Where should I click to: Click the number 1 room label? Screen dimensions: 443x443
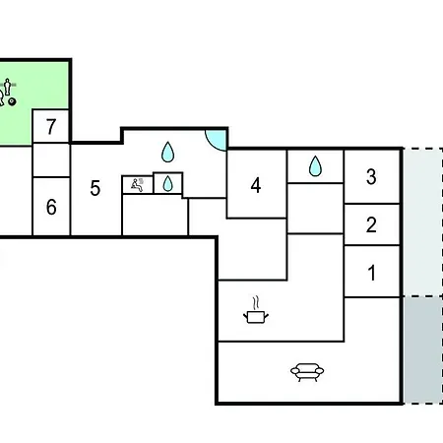pyautogui.click(x=372, y=273)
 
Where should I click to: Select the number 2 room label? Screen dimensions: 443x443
pyautogui.click(x=371, y=224)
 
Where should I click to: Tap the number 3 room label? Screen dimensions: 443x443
pyautogui.click(x=371, y=176)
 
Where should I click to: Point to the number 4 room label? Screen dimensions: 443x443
pyautogui.click(x=256, y=185)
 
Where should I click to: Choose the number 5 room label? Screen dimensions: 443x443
pyautogui.click(x=95, y=188)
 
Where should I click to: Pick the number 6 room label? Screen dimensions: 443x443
pyautogui.click(x=51, y=207)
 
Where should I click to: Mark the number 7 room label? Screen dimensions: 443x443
pyautogui.click(x=51, y=127)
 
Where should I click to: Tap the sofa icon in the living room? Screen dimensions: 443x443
pyautogui.click(x=307, y=372)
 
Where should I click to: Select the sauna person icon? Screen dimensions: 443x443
pyautogui.click(x=137, y=185)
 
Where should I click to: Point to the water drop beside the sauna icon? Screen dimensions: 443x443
pyautogui.click(x=167, y=183)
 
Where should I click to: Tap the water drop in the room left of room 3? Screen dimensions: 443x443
pyautogui.click(x=315, y=165)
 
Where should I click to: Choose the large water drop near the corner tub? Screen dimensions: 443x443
pyautogui.click(x=167, y=152)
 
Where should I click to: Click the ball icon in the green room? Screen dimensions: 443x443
pyautogui.click(x=13, y=101)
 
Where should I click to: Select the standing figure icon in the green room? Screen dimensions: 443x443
pyautogui.click(x=7, y=87)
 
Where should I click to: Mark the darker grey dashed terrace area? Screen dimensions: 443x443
pyautogui.click(x=423, y=349)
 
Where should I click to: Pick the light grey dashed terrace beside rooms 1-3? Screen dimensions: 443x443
pyautogui.click(x=423, y=222)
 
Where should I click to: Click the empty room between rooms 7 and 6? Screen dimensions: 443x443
pyautogui.click(x=51, y=160)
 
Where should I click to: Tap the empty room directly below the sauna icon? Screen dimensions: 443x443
pyautogui.click(x=155, y=215)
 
